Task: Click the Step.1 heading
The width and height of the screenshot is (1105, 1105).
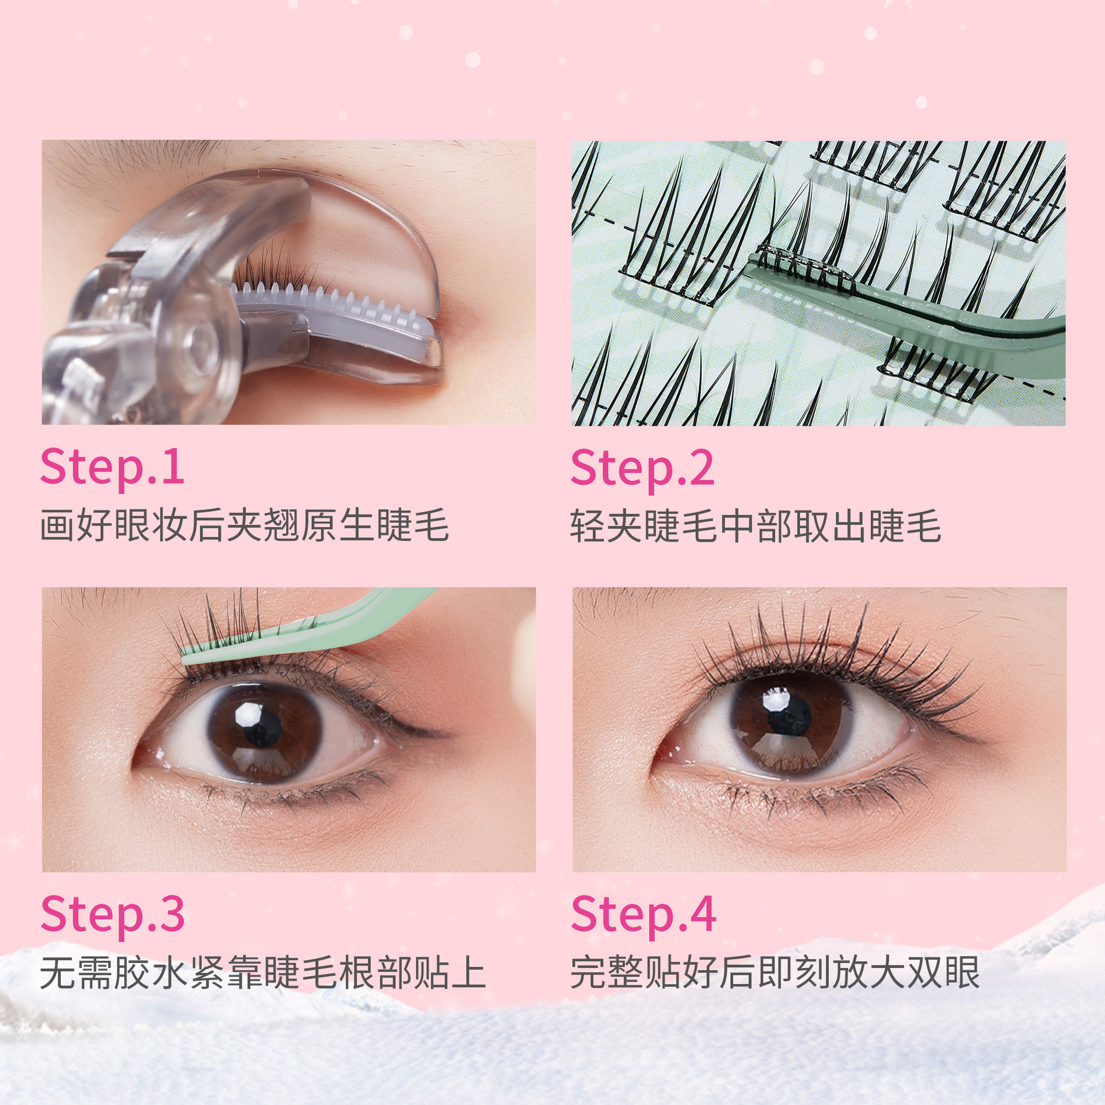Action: coord(112,468)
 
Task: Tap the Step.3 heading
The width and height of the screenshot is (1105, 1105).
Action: coord(113,916)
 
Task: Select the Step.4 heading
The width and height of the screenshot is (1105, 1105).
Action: coord(643,916)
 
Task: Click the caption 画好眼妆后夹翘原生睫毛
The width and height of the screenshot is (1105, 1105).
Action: coord(245,525)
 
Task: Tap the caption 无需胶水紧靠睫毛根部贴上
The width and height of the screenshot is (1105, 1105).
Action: coord(263,973)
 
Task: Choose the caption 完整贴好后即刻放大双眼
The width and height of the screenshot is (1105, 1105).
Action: coord(775,973)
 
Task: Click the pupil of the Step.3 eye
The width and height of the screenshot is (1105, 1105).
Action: coord(262,729)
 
